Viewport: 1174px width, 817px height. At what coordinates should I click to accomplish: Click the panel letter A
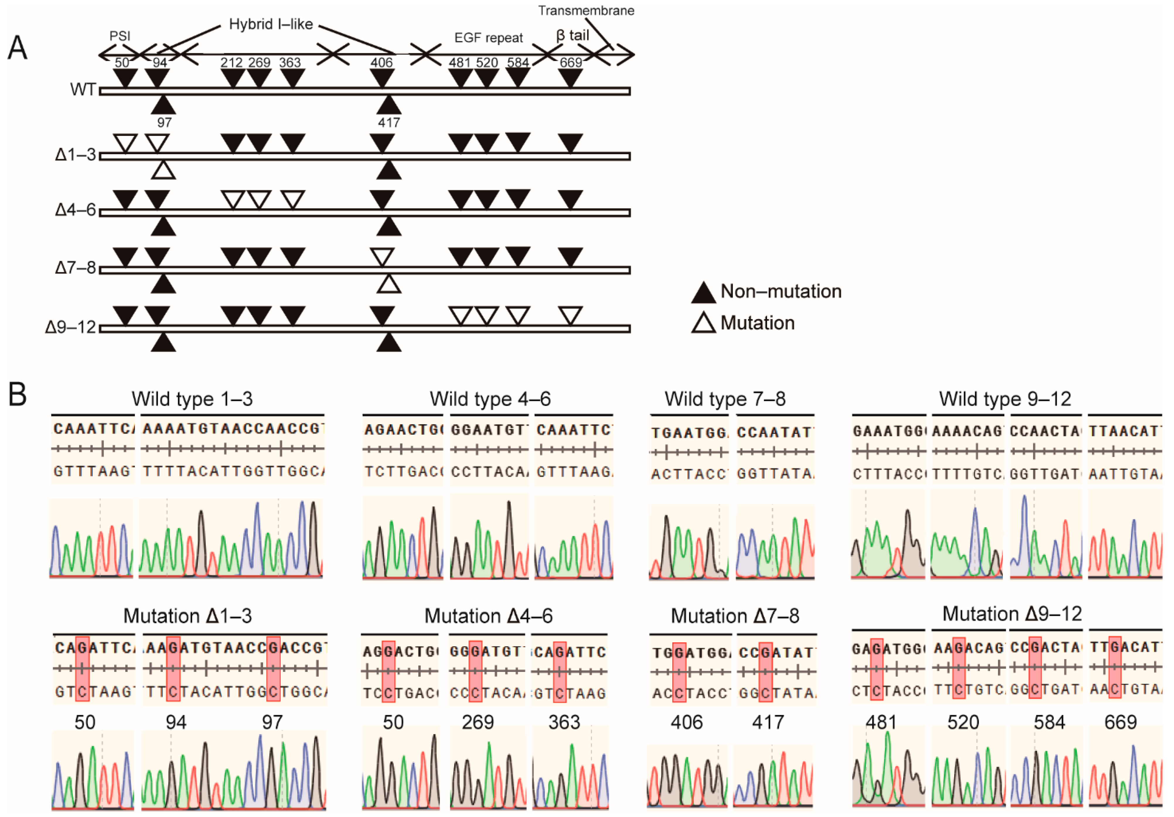(x=17, y=49)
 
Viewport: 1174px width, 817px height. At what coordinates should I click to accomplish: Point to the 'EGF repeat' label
(x=488, y=38)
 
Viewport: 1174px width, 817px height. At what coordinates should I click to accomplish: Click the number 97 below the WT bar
(x=164, y=123)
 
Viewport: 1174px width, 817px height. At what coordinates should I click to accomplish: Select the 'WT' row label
(x=83, y=90)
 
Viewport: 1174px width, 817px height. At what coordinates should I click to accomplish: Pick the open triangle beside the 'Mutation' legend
(x=703, y=324)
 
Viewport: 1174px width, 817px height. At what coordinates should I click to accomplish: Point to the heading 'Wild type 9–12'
(x=1005, y=399)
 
